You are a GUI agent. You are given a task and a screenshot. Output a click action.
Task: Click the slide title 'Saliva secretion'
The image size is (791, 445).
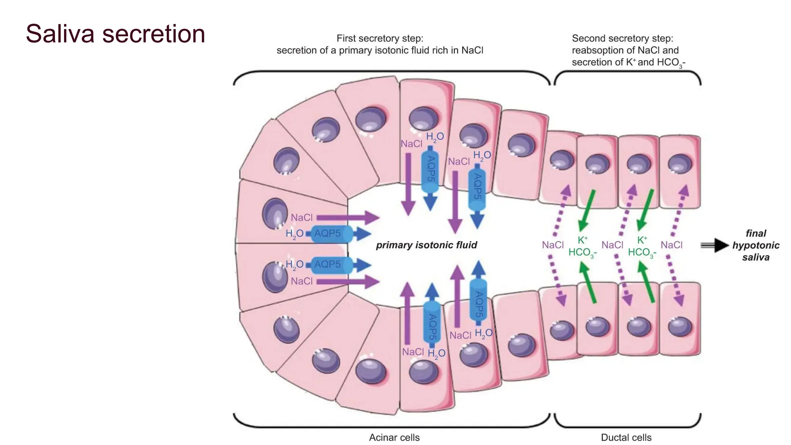pyautogui.click(x=115, y=34)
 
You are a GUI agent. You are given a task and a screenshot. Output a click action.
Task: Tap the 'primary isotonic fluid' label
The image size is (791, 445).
pyautogui.click(x=426, y=245)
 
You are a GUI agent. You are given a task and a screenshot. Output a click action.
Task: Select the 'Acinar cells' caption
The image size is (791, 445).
pyautogui.click(x=394, y=437)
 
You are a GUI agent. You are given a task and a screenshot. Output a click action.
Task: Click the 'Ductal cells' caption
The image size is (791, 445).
pyautogui.click(x=626, y=437)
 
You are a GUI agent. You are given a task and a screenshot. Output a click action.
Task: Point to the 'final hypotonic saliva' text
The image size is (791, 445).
pyautogui.click(x=755, y=245)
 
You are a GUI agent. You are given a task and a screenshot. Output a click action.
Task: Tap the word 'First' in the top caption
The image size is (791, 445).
pyautogui.click(x=345, y=38)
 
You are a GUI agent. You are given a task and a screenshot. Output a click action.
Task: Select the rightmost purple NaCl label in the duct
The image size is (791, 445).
pyautogui.click(x=671, y=245)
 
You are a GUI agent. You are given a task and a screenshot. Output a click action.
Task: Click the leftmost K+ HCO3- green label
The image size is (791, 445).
pyautogui.click(x=582, y=246)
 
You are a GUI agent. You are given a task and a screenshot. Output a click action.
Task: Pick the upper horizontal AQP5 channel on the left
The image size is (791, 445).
pyautogui.click(x=331, y=234)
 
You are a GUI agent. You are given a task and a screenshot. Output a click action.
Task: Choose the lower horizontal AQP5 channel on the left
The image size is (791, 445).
pyautogui.click(x=331, y=265)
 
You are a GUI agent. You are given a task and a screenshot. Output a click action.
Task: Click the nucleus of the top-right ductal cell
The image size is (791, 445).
pyautogui.click(x=680, y=164)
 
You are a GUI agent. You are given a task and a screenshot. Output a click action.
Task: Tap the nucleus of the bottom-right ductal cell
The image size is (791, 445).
pyautogui.click(x=680, y=327)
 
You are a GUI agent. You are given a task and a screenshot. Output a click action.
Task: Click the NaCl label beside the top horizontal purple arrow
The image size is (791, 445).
pyautogui.click(x=301, y=217)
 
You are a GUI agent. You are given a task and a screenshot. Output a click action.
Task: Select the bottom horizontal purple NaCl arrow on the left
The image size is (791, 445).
pyautogui.click(x=348, y=282)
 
